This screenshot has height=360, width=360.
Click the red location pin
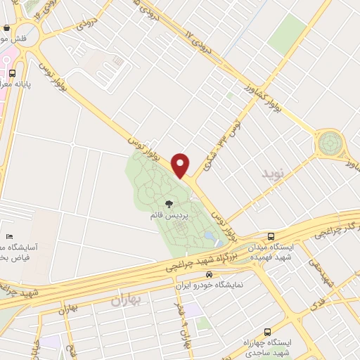pos(181,165)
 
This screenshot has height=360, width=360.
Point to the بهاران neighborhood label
pos(126,300)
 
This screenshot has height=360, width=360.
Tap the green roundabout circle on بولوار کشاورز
pos(328,144)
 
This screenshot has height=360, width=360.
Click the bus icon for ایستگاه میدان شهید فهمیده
pos(271,237)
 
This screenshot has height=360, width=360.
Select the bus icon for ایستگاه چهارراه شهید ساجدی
pos(268,332)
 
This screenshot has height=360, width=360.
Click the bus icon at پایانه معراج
pos(12,73)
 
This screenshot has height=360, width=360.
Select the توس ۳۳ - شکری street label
pos(220,141)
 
